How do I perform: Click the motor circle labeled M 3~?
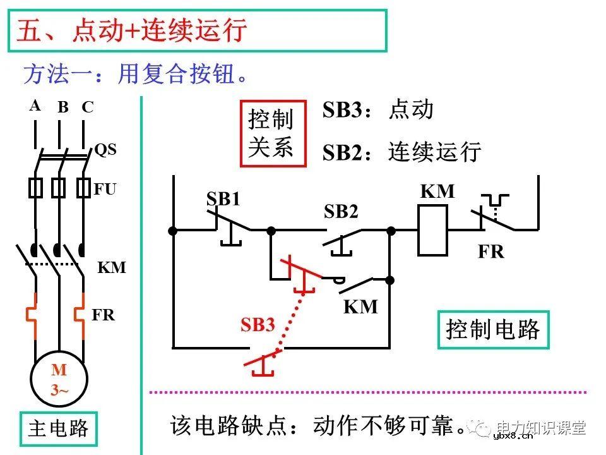click(59, 380)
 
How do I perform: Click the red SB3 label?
click(258, 325)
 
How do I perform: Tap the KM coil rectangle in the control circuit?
click(433, 231)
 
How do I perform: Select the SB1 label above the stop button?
click(223, 200)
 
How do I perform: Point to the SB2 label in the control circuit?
click(341, 212)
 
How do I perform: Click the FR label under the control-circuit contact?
click(490, 252)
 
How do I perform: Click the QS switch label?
click(105, 150)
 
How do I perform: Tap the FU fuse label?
click(105, 188)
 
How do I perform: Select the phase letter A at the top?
click(35, 106)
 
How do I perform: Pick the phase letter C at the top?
click(88, 107)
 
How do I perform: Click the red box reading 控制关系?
click(273, 133)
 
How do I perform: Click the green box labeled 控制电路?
click(493, 329)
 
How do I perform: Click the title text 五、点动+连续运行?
click(131, 31)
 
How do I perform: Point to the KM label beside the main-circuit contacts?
click(112, 267)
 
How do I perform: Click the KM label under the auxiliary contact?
click(360, 307)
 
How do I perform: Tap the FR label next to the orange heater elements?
click(104, 314)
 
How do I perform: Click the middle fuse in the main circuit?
click(59, 188)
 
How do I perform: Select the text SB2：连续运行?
click(402, 152)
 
